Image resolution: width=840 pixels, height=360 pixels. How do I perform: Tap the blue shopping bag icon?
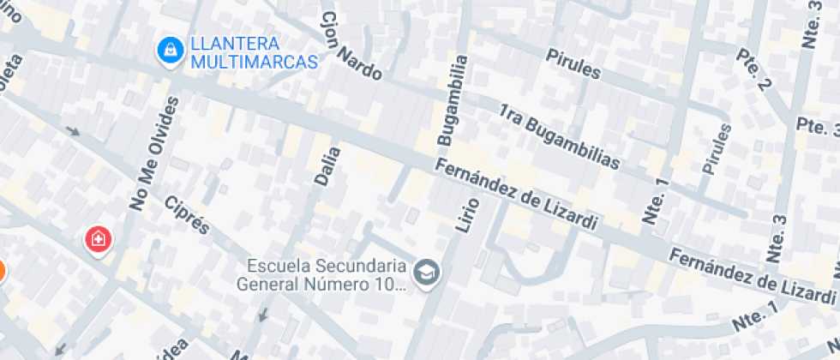click(x=169, y=50)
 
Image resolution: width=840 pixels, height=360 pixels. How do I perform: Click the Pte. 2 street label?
click(x=755, y=69)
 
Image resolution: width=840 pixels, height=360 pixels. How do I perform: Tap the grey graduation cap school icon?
click(x=424, y=273)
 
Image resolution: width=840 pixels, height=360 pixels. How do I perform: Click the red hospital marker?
click(x=98, y=239)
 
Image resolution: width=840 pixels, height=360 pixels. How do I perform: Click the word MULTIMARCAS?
click(x=254, y=62)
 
